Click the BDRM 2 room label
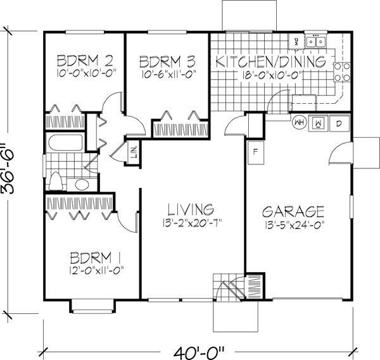[85, 61]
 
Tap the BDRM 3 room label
[165, 61]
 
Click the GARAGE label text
[294, 211]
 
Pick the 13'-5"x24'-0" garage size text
[294, 223]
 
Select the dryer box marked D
[339, 123]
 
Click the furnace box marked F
[255, 153]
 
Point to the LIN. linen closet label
[134, 154]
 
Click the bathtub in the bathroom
[65, 144]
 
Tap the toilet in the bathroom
[56, 182]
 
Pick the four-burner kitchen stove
[342, 71]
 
